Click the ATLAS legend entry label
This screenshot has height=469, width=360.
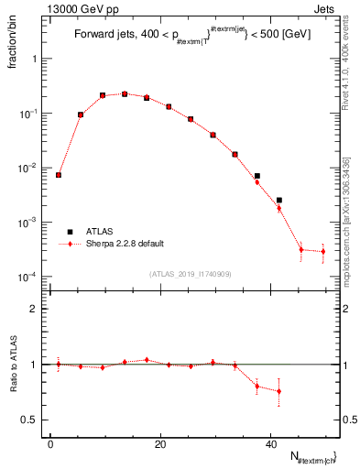tap(98, 232)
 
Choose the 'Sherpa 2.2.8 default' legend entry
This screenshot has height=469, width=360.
tap(124, 244)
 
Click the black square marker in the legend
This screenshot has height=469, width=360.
tap(70, 232)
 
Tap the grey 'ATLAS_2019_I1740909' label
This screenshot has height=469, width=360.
tap(190, 274)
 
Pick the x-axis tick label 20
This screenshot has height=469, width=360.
tap(160, 444)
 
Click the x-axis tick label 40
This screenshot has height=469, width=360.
tap(270, 444)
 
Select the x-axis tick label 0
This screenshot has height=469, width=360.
tap(50, 444)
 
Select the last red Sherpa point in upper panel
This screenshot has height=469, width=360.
tap(322, 251)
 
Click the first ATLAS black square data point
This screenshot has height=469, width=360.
tap(59, 175)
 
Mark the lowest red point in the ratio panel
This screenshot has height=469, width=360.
tap(278, 391)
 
